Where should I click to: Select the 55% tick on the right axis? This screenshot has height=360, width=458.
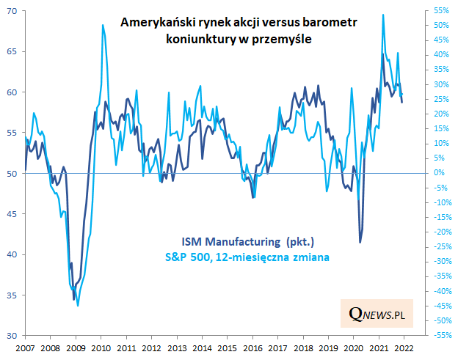point(440,11)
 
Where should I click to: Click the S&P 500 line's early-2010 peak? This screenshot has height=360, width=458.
point(102,25)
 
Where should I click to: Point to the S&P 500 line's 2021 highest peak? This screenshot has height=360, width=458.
point(383,15)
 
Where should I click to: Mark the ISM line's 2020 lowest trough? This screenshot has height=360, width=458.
point(360,242)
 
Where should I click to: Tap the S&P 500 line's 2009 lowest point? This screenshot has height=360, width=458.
point(78,305)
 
